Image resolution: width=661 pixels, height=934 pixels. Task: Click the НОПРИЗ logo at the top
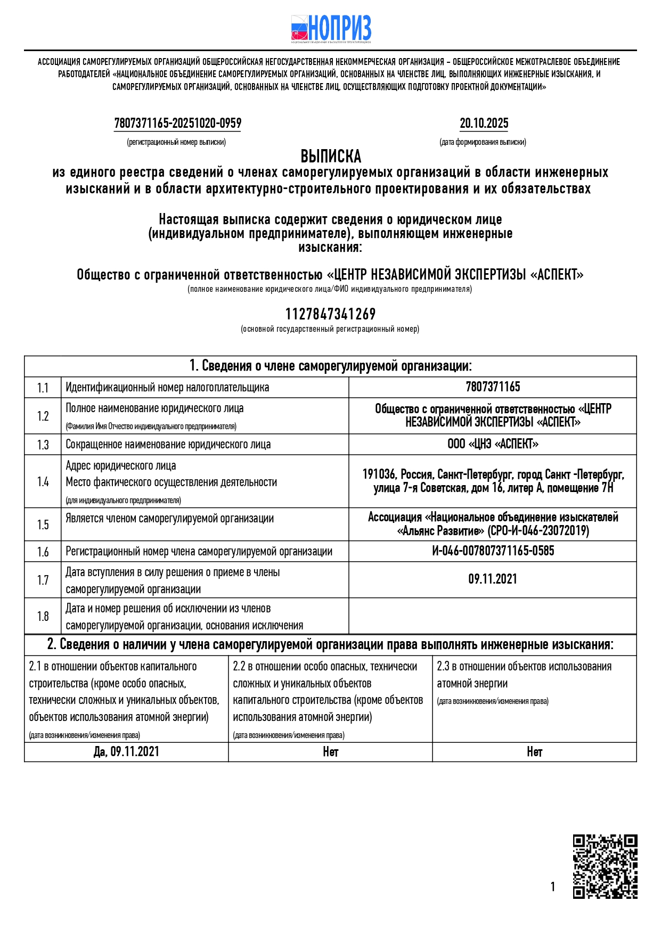click(331, 29)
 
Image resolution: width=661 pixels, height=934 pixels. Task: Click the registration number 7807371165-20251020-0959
click(177, 124)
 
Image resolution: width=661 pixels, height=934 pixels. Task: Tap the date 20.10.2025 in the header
click(484, 124)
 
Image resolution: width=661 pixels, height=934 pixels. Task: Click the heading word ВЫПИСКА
click(331, 157)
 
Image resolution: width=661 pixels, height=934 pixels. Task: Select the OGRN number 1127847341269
click(330, 314)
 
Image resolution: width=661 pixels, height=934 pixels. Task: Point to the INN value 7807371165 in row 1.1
click(493, 387)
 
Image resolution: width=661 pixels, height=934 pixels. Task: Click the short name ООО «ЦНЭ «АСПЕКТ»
click(493, 444)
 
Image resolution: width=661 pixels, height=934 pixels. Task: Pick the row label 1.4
click(43, 481)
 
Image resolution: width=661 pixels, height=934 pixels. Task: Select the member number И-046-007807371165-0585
click(493, 551)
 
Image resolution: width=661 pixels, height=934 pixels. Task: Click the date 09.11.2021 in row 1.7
click(493, 579)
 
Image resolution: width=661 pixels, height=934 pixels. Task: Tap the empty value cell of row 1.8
click(493, 616)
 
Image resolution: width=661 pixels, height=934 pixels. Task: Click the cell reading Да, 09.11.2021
click(126, 752)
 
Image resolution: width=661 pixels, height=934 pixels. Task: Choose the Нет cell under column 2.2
click(330, 752)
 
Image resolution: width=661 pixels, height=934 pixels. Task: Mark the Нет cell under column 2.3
click(534, 752)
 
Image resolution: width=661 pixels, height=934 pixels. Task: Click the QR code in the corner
click(605, 866)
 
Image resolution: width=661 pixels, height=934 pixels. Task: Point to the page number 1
click(553, 886)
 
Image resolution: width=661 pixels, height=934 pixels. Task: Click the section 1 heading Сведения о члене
click(330, 366)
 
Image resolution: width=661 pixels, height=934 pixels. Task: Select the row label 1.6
click(43, 552)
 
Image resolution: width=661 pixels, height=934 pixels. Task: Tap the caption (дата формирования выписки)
click(483, 142)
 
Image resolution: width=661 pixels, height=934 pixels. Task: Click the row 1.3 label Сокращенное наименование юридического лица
click(168, 445)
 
